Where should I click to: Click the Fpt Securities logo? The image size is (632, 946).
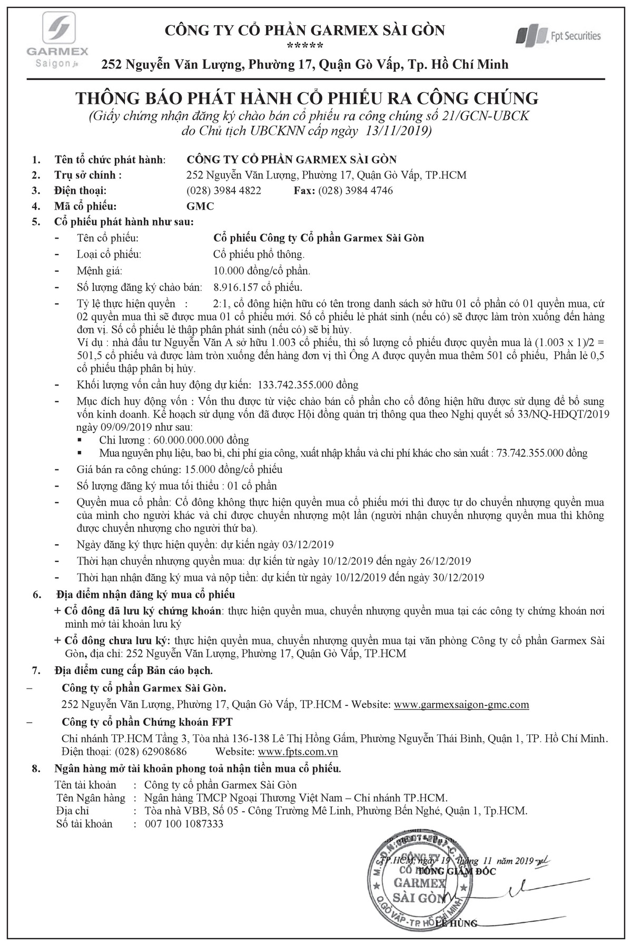558,36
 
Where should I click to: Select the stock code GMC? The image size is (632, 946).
201,206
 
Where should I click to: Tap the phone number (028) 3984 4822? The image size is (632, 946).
224,190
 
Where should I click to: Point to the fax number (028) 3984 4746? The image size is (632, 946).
355,190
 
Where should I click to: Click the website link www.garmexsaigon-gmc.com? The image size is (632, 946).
461,704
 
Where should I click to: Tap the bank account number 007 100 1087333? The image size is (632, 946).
184,823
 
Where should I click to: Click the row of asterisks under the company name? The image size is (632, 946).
305,46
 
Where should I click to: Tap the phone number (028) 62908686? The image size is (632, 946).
151,752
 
